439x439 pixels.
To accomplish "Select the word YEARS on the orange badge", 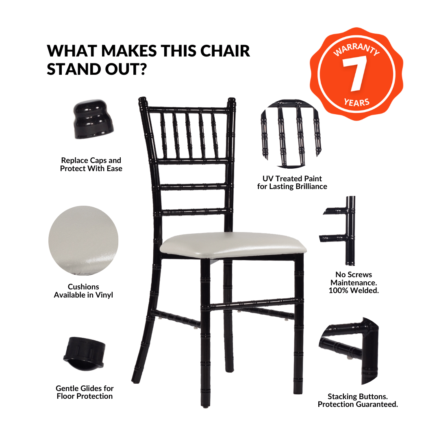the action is tap(357, 102).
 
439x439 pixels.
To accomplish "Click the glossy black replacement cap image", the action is tap(93, 119).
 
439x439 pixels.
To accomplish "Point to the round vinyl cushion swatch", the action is tap(83, 241).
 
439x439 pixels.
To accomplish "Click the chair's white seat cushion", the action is tap(233, 245).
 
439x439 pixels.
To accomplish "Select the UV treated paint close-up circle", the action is tap(291, 134).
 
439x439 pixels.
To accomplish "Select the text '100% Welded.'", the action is tap(354, 291).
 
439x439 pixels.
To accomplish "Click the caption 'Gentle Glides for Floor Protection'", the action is tap(85, 392).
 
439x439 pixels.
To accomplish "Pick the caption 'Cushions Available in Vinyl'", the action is tap(83, 291).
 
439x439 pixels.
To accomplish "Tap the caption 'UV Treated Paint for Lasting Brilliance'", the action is tap(292, 183).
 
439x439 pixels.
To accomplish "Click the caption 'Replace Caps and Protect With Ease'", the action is tap(91, 164).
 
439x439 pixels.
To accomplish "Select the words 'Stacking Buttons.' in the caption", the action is tap(358, 397).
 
